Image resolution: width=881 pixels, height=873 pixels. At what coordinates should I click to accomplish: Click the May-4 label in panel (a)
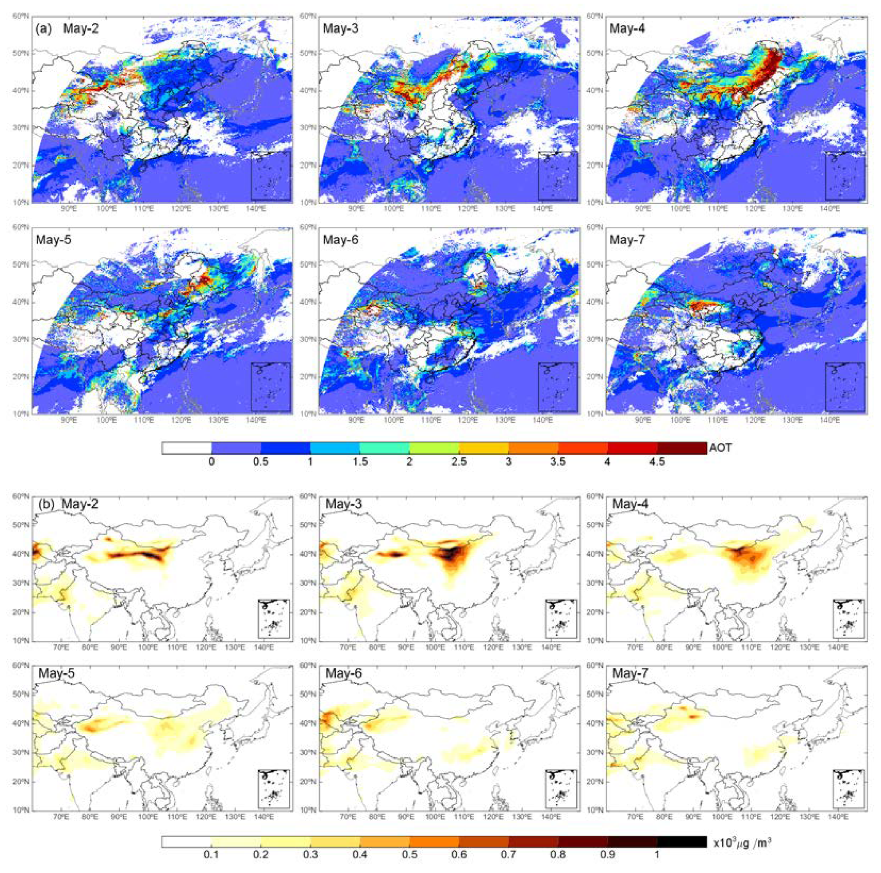627,28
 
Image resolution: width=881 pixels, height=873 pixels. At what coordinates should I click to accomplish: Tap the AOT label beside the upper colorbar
720,448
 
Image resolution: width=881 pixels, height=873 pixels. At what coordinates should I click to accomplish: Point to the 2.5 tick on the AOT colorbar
459,462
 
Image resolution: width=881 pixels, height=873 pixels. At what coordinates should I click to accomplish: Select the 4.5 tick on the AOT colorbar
657,462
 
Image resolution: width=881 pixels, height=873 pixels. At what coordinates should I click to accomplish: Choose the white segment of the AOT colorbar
186,448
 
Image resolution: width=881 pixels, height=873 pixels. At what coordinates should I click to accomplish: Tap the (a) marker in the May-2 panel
43,28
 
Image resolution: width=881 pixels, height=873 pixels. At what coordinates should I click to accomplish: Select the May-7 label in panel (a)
627,240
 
